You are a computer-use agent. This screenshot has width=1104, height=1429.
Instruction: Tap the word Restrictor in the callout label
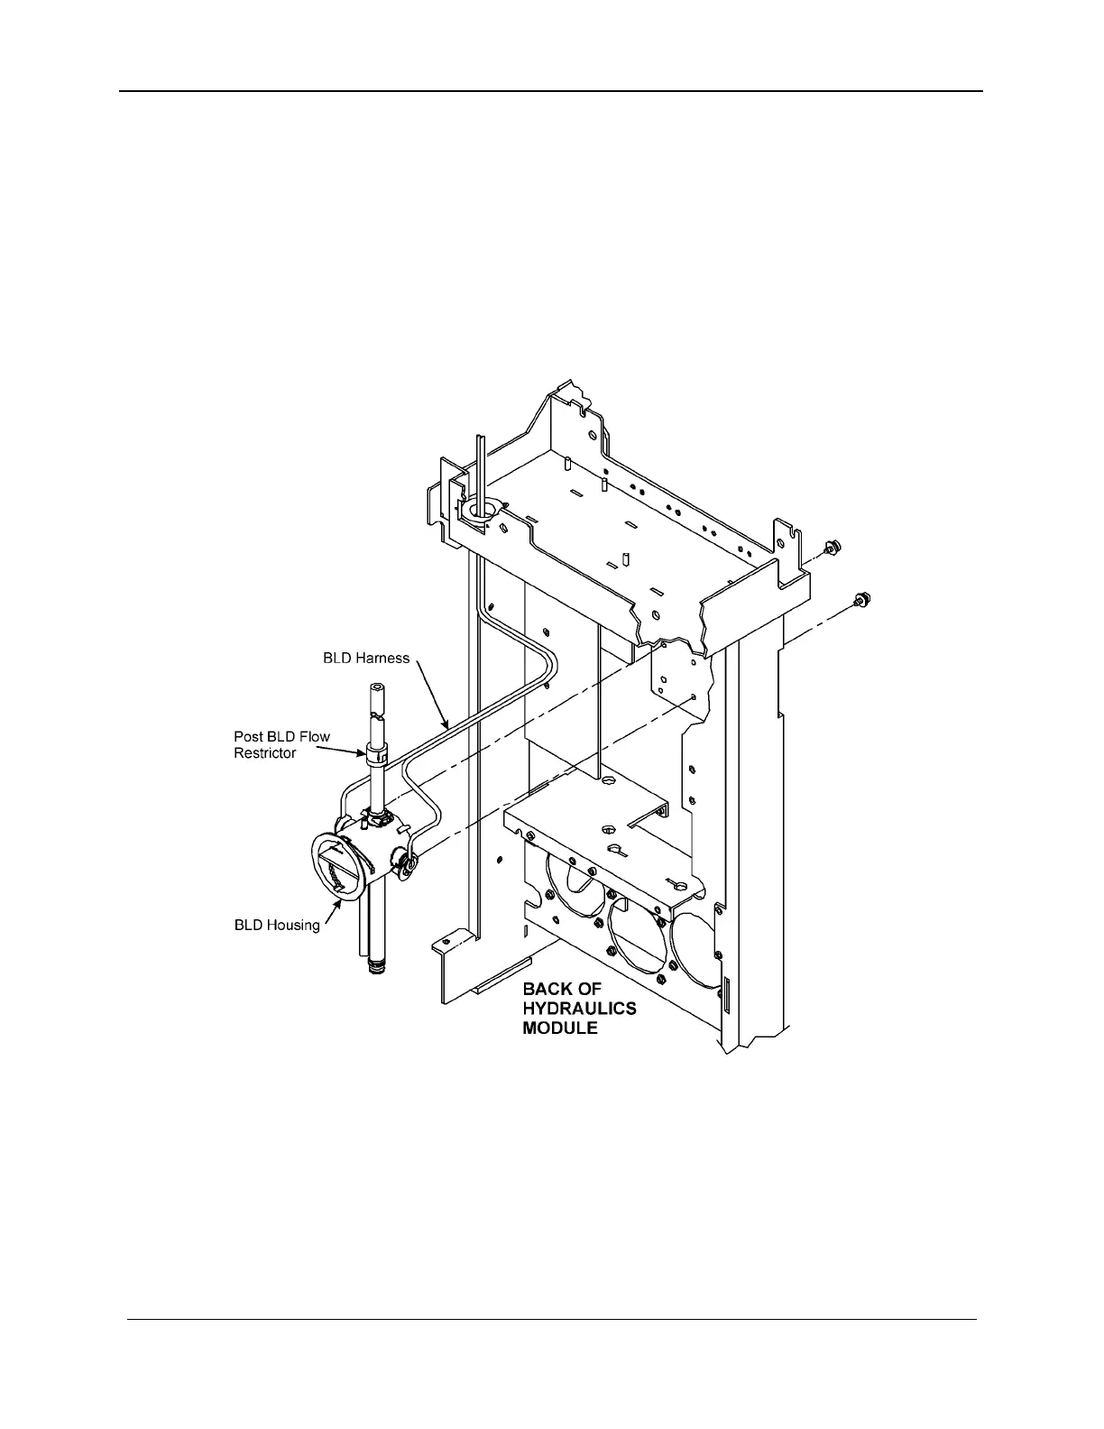point(265,753)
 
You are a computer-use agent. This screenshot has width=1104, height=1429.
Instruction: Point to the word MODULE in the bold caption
point(560,1028)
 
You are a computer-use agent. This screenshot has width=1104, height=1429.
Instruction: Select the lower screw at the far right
point(860,598)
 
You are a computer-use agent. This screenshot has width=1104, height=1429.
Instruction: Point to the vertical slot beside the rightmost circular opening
point(723,995)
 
